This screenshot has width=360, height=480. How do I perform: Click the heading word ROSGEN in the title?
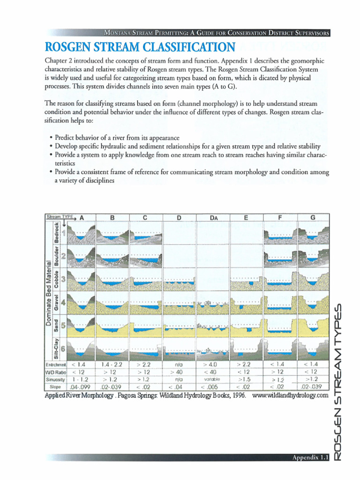(x=71, y=47)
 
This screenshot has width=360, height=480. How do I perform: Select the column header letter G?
(x=313, y=217)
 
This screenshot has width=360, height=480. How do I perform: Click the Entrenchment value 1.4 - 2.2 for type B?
(x=112, y=364)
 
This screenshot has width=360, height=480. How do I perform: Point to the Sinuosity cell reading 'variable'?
(x=212, y=379)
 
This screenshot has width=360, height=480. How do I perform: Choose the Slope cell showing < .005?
(x=212, y=387)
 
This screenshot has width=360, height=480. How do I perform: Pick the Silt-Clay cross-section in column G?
(x=313, y=349)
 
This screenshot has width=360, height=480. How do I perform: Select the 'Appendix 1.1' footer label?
(x=310, y=457)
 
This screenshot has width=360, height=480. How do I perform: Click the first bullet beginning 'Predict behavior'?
(x=117, y=138)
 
